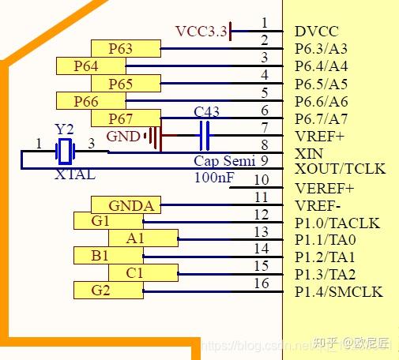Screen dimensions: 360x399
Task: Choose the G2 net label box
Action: click(100, 291)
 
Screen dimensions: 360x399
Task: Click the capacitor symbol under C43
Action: click(205, 136)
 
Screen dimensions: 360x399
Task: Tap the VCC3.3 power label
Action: click(201, 32)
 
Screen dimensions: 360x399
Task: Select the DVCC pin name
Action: click(316, 32)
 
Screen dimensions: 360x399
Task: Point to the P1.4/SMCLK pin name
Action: click(337, 292)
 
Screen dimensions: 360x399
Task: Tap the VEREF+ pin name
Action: click(324, 188)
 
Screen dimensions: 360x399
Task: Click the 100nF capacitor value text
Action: click(214, 178)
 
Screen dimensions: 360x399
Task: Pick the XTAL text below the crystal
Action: click(75, 174)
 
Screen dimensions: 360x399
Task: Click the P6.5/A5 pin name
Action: click(321, 84)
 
